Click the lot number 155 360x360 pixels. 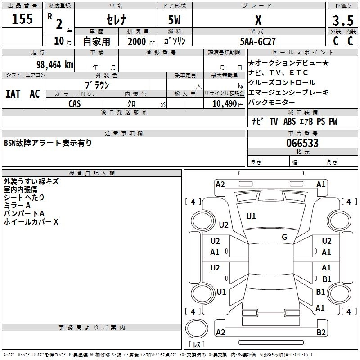[22, 19]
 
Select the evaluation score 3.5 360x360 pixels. [343, 21]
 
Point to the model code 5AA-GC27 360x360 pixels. [258, 41]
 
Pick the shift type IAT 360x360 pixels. [13, 94]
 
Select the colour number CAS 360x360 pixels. [75, 103]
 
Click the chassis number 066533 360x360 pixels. [302, 143]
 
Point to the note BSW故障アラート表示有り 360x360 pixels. [48, 143]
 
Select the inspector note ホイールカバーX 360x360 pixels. [31, 222]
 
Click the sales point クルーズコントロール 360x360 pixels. [282, 83]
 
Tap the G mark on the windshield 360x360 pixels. [284, 237]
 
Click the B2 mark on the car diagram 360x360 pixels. [321, 333]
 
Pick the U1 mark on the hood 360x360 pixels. [251, 216]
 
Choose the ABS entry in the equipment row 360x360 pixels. [289, 121]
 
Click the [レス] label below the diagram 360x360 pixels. [197, 345]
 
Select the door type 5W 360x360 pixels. [175, 20]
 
